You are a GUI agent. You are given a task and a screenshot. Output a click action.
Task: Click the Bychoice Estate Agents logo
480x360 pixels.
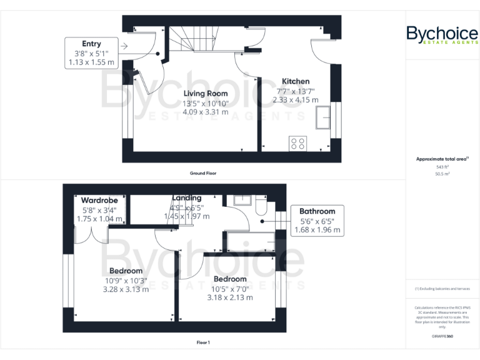tap(442, 35)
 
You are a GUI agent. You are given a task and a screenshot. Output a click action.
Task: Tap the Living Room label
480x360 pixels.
tap(205, 94)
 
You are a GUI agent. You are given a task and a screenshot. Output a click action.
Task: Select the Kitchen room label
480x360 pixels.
tap(296, 81)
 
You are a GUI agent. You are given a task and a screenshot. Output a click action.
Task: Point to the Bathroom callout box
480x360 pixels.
tap(317, 221)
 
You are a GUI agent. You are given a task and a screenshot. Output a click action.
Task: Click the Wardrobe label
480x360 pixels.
tap(100, 200)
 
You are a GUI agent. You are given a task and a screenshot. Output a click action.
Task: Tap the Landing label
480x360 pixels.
tap(187, 198)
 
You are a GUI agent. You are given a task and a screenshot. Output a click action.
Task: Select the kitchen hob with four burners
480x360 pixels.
tap(297, 144)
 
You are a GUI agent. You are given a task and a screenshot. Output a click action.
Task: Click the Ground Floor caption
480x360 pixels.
tap(203, 172)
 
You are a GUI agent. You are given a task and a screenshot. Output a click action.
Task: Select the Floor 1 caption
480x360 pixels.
tap(203, 342)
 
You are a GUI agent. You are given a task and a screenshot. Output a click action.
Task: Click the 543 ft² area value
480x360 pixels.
tap(442, 167)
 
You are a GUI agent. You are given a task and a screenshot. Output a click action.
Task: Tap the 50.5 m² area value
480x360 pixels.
tap(442, 174)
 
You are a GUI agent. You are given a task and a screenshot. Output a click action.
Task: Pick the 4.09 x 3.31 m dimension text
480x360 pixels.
tap(205, 112)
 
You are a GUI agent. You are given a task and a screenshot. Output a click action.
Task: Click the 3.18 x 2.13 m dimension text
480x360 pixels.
tap(230, 297)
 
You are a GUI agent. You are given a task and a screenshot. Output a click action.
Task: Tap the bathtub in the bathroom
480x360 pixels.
tap(249, 241)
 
